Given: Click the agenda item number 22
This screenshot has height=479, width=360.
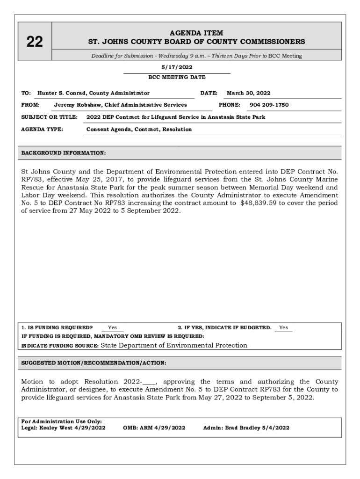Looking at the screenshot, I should point(34,42).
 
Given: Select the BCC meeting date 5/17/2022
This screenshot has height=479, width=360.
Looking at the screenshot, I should point(177,67).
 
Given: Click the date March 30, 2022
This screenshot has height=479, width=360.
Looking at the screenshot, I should point(248,93).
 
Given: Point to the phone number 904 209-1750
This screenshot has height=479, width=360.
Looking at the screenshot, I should point(269,105).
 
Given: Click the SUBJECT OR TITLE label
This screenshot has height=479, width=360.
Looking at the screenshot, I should point(50,117).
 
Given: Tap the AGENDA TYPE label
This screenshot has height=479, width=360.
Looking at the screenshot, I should point(43,129).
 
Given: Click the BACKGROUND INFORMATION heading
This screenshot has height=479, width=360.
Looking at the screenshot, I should point(64,153).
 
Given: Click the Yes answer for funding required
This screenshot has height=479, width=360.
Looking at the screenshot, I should point(113,328).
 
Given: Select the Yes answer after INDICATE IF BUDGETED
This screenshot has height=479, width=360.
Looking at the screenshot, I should point(283,328).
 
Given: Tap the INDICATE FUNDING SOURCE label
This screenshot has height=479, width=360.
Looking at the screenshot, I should point(60,346).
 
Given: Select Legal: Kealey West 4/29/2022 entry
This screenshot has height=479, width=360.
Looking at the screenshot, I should point(63,428).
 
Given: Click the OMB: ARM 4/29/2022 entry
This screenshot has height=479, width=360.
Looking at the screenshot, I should point(154,428).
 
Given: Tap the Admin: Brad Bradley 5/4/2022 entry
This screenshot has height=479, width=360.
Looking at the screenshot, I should point(246,428).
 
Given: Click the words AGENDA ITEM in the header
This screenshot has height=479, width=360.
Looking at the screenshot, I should point(196,33).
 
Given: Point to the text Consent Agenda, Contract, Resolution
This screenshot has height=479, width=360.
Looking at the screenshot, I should point(139,129).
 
